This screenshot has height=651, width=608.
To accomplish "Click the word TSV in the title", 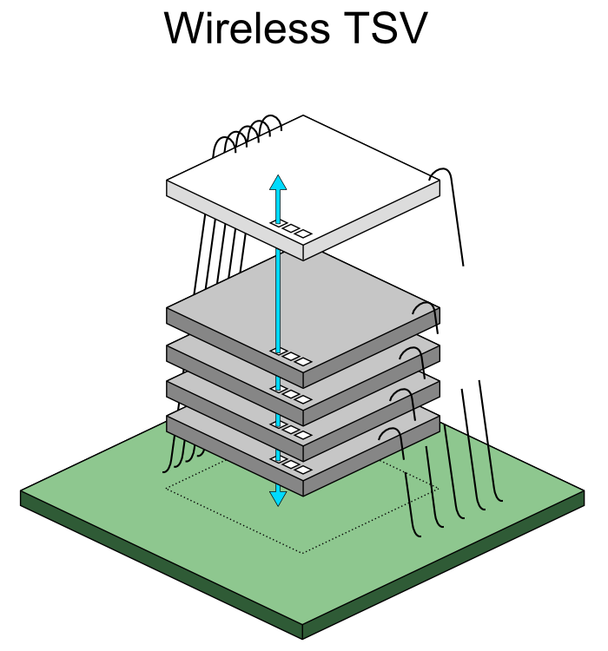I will (383, 29).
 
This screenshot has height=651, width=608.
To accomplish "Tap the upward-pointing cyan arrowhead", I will (278, 182).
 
